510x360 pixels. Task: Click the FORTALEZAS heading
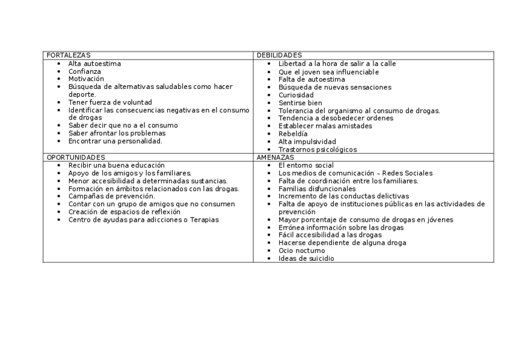(69, 55)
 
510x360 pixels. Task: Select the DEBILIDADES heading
(279, 55)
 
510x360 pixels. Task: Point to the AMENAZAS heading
(275, 157)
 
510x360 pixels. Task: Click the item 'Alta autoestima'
(94, 64)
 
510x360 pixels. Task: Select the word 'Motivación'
(86, 79)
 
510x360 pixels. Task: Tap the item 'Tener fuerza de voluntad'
(110, 102)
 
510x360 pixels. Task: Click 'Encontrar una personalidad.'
(115, 141)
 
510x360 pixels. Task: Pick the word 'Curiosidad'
(296, 95)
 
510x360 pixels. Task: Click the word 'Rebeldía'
(293, 134)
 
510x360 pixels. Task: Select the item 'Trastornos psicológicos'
(318, 150)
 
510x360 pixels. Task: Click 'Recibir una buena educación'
(117, 165)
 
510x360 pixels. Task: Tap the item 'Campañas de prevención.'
(112, 196)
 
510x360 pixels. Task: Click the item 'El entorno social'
(306, 165)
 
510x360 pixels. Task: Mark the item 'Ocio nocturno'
(301, 251)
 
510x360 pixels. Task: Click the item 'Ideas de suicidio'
(306, 258)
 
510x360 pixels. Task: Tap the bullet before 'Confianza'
(58, 72)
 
